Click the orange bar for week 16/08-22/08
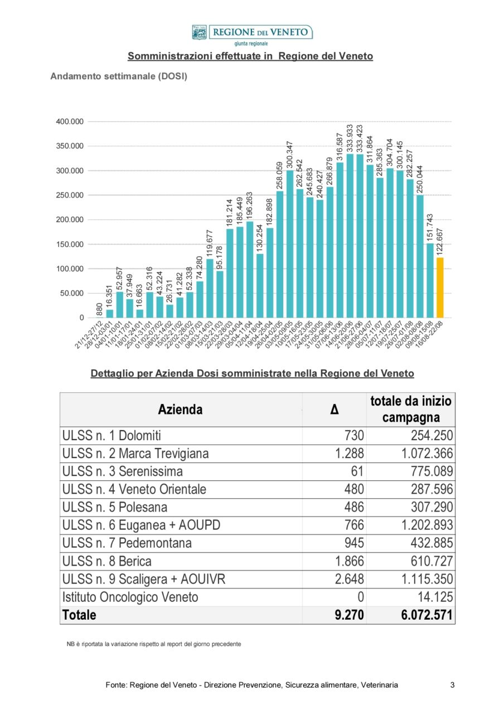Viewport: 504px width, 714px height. (440, 287)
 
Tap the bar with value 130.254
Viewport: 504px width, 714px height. (260, 286)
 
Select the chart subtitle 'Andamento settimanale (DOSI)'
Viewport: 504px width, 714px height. (119, 76)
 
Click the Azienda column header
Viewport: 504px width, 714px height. (180, 410)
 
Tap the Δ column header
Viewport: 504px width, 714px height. (334, 410)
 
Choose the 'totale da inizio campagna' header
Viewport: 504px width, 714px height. (410, 409)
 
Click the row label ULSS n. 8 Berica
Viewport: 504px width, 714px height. (107, 561)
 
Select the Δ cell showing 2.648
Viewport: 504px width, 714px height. (350, 579)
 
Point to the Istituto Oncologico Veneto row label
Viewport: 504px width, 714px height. (130, 597)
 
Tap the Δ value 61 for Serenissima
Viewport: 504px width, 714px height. (357, 471)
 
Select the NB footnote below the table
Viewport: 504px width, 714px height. (154, 644)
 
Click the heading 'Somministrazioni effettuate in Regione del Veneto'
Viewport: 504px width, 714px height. (250, 56)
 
